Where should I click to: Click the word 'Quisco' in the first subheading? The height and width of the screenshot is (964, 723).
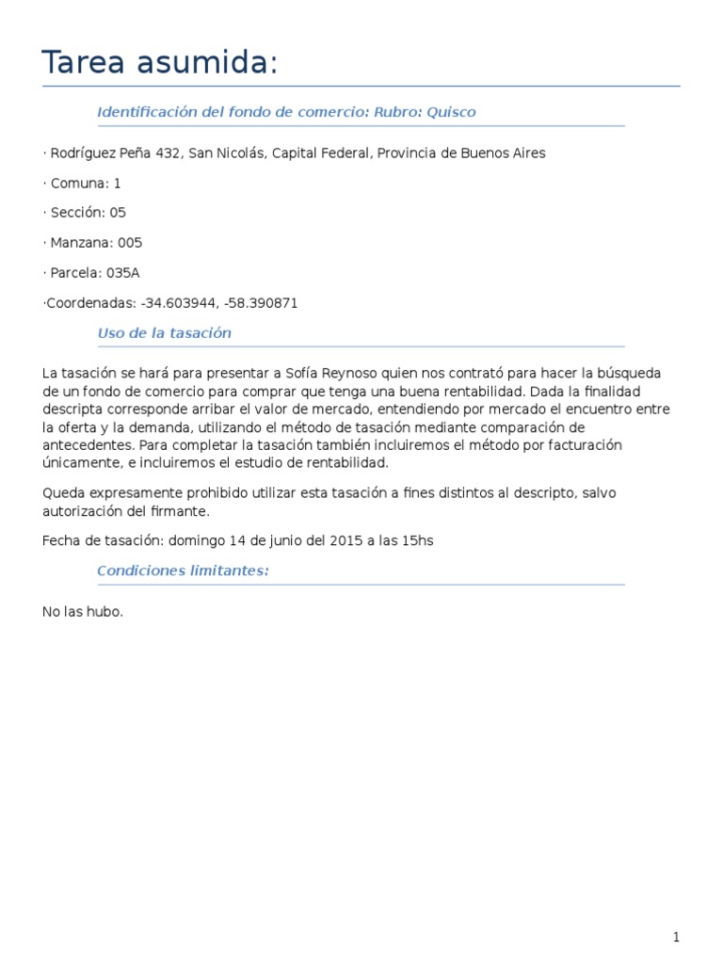(451, 112)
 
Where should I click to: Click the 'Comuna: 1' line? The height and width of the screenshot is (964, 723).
(82, 183)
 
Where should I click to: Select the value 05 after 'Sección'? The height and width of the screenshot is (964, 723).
(117, 213)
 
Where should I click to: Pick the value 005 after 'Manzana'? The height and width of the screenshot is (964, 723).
(130, 243)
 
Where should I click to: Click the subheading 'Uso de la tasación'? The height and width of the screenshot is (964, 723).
(164, 333)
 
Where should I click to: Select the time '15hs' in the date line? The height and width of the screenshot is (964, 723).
(419, 541)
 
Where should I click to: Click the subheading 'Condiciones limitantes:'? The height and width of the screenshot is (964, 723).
(183, 571)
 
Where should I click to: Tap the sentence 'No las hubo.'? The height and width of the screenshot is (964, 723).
(83, 612)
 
